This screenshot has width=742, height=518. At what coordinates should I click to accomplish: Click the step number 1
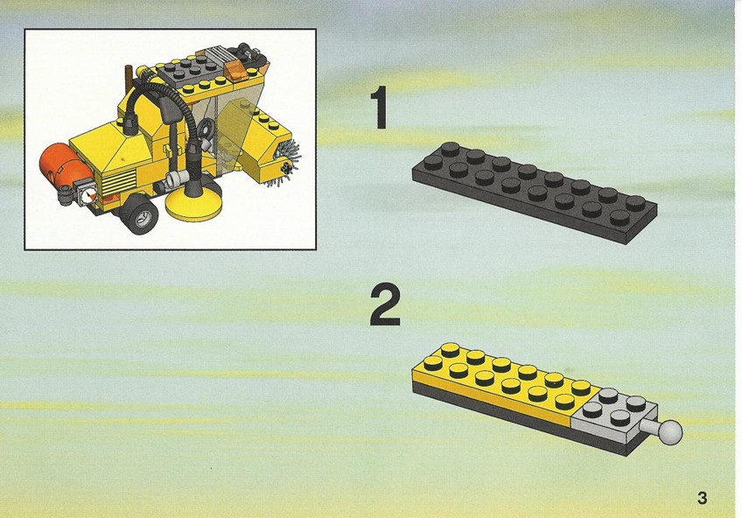click(x=380, y=108)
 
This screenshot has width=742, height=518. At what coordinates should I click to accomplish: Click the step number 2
click(x=385, y=305)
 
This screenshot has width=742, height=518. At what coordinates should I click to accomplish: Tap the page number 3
click(x=702, y=498)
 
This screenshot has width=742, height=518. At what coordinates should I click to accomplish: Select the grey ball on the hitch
click(x=671, y=432)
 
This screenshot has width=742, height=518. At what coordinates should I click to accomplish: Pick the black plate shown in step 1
click(x=535, y=192)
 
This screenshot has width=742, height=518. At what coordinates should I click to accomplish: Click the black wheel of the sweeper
click(x=140, y=213)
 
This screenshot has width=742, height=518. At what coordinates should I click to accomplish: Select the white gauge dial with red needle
click(x=88, y=195)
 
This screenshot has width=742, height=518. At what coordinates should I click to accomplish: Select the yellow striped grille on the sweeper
click(x=119, y=182)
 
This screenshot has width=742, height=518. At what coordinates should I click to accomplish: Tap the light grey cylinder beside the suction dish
click(x=177, y=179)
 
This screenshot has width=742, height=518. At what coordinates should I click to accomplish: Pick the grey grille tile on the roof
click(x=218, y=53)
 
